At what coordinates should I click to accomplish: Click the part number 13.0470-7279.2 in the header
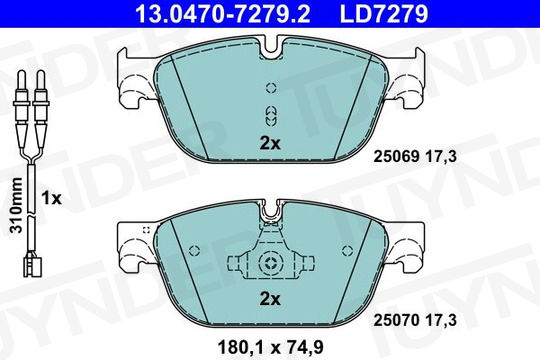point(223,14)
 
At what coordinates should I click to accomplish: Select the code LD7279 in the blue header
point(384,14)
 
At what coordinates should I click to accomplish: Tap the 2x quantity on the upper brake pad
point(270,143)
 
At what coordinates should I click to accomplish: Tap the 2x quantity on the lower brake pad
point(270,299)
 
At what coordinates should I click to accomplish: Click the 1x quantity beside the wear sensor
point(51,198)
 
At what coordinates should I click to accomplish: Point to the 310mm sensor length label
point(16,205)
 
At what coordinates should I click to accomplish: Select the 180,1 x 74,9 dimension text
point(270,347)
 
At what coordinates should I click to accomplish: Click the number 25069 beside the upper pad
point(396,157)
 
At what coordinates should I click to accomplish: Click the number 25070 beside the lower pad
point(396,320)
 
